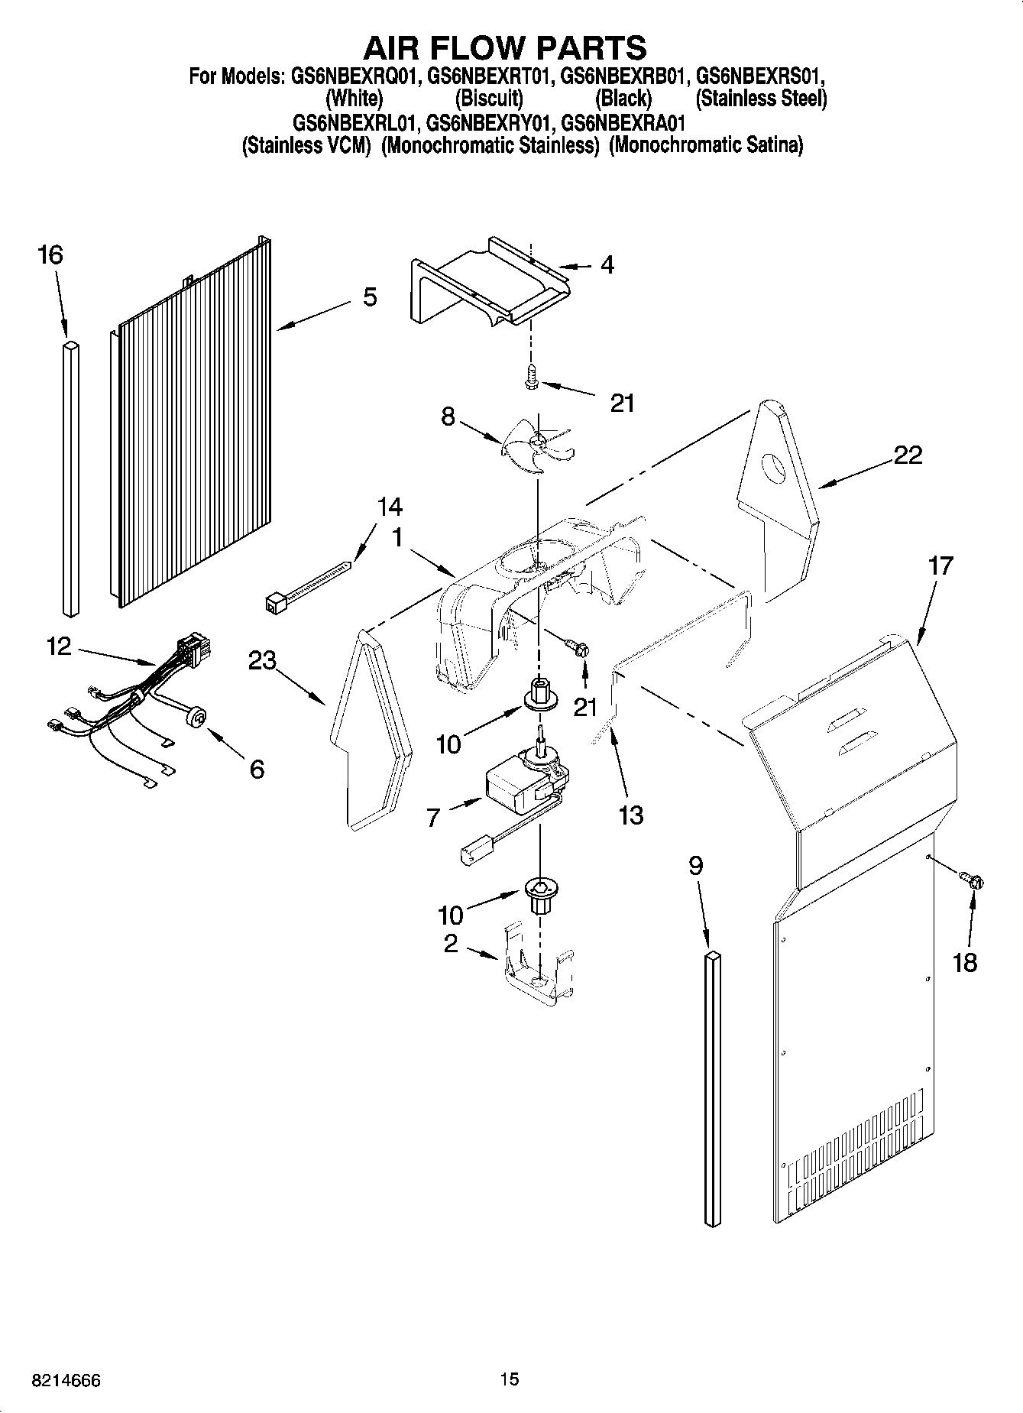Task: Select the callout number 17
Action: click(940, 566)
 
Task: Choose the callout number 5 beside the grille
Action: click(370, 297)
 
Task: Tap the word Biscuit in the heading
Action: click(489, 99)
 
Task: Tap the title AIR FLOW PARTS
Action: click(504, 47)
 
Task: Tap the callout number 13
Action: click(631, 815)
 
